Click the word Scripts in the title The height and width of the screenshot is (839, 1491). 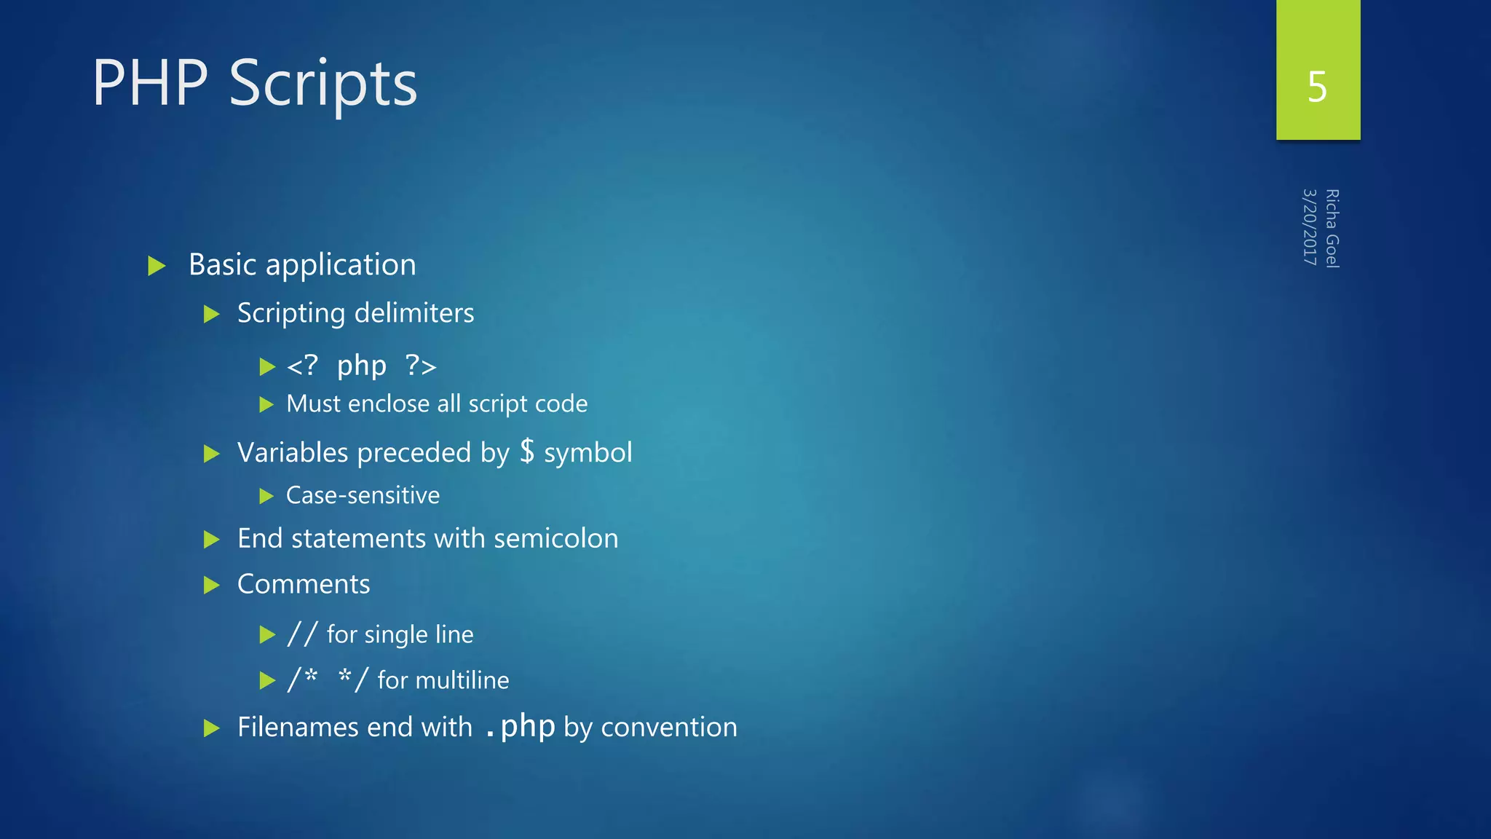click(x=323, y=84)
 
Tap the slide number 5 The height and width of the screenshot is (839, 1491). click(x=1317, y=87)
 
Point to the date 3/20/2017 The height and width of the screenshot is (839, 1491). click(x=1310, y=227)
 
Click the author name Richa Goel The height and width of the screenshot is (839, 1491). click(x=1332, y=229)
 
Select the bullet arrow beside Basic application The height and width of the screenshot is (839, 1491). click(x=157, y=266)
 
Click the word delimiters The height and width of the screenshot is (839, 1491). click(x=414, y=313)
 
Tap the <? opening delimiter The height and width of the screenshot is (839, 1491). click(x=302, y=366)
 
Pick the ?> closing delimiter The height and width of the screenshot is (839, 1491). click(x=421, y=366)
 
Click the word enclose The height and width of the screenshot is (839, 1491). click(x=389, y=403)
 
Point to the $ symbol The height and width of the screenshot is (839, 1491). click(x=527, y=452)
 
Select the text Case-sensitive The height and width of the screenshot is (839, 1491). click(x=363, y=495)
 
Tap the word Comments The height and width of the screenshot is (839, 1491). click(x=304, y=584)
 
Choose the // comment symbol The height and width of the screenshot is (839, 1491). click(x=302, y=634)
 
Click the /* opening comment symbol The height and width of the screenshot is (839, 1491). click(x=302, y=679)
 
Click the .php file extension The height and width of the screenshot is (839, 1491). click(x=520, y=727)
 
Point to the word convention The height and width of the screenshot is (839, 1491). click(x=669, y=727)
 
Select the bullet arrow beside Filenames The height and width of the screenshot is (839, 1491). click(x=212, y=728)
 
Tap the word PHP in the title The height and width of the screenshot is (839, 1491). click(x=150, y=84)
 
